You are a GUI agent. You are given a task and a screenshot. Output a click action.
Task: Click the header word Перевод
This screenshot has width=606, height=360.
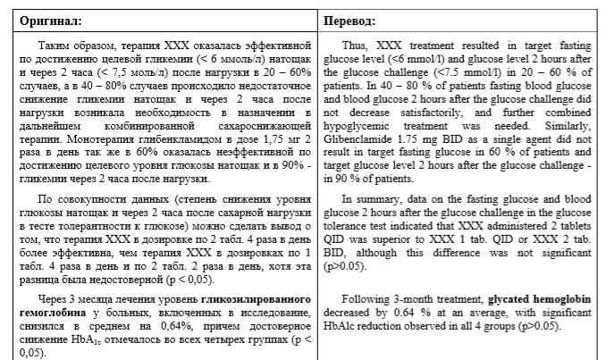point(350,20)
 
